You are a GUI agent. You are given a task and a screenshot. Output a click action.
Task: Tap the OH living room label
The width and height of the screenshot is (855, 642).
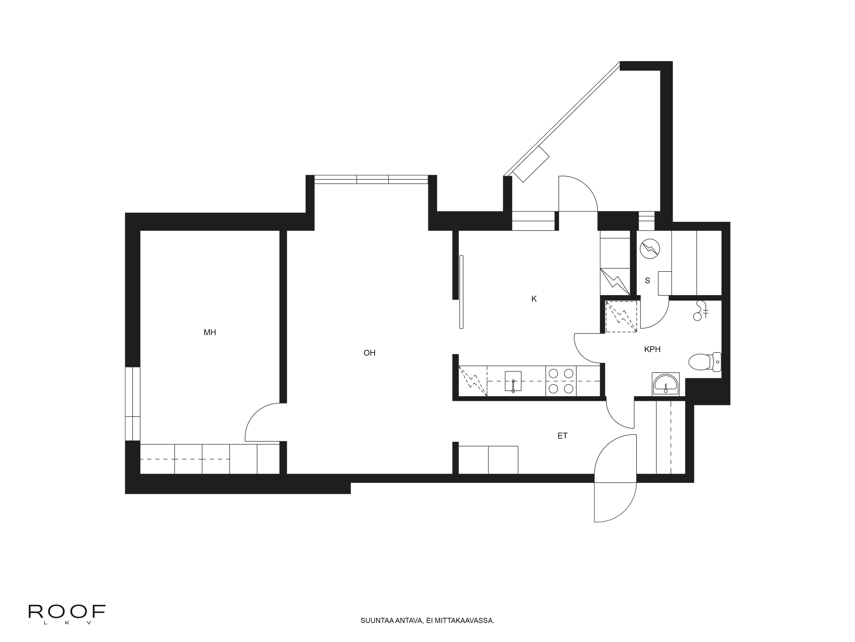pyautogui.click(x=370, y=353)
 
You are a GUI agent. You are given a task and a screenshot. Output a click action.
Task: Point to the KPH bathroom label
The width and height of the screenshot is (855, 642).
pyautogui.click(x=652, y=349)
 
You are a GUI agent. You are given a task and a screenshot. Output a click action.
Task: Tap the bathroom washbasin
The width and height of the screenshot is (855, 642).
pyautogui.click(x=666, y=384)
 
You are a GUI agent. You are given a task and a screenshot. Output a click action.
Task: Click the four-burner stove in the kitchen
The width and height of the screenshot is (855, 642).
pyautogui.click(x=561, y=381)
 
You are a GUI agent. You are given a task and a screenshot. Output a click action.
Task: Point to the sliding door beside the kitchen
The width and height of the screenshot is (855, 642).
pyautogui.click(x=461, y=292)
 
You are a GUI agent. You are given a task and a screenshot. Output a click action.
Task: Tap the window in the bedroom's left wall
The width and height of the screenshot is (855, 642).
pyautogui.click(x=133, y=404)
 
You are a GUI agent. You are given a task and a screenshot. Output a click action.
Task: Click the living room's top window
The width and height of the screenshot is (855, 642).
pyautogui.click(x=371, y=180)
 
